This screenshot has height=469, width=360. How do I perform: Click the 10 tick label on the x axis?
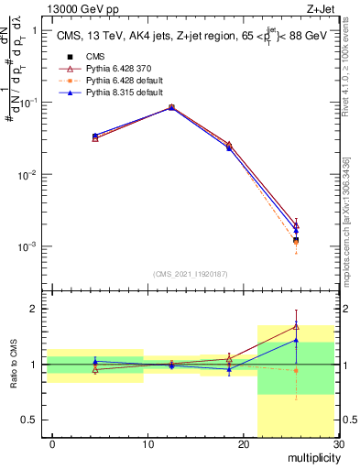click(x=147, y=444)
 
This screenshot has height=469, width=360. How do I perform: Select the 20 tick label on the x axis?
click(x=243, y=444)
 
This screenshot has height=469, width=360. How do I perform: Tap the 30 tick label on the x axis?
click(x=338, y=444)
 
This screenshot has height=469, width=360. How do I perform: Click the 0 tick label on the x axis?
click(x=52, y=444)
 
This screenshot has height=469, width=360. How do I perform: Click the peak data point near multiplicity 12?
click(x=171, y=107)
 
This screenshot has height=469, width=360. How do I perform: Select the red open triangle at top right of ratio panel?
click(x=296, y=326)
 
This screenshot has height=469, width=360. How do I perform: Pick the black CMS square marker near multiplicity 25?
click(x=296, y=240)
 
